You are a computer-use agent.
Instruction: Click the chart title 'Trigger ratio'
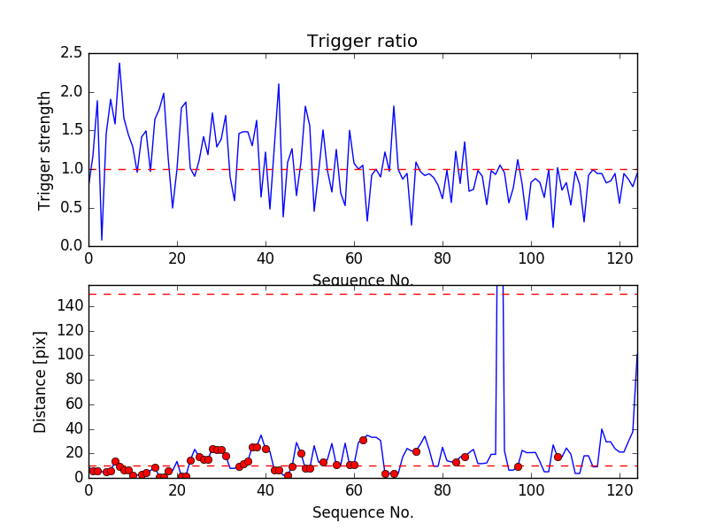pos(362,42)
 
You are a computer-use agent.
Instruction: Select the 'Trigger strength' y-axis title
pos(45,150)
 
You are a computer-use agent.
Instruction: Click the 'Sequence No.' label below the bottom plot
pos(362,512)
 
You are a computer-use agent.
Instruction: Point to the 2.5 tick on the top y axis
pos(72,53)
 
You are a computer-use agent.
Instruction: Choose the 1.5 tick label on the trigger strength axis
pos(72,130)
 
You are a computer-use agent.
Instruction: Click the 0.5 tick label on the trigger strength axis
pos(72,207)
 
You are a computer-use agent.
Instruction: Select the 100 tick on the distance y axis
pos(68,354)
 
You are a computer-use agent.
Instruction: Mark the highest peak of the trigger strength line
pos(119,63)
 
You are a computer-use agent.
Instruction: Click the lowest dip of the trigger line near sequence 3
pos(102,239)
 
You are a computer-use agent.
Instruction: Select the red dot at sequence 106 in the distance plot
pos(558,457)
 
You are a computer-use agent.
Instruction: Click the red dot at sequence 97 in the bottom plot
pos(518,466)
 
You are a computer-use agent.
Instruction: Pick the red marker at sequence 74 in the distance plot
pos(416,451)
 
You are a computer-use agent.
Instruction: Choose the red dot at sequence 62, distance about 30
pos(363,440)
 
